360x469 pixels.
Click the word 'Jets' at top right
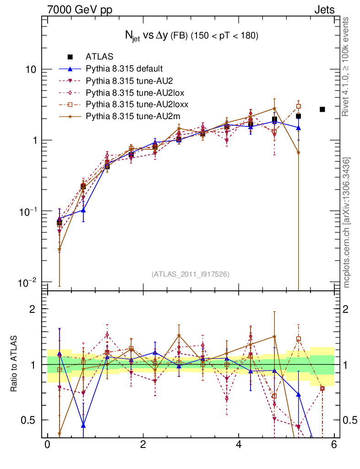click(x=324, y=10)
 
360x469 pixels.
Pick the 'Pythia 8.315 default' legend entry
click(x=124, y=69)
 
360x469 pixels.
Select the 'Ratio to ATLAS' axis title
click(x=15, y=365)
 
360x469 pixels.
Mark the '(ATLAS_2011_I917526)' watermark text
click(x=191, y=274)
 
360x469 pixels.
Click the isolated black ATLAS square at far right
click(x=322, y=109)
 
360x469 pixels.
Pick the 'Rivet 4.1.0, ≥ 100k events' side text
click(x=347, y=66)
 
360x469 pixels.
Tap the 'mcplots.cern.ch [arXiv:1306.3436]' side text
click(x=347, y=223)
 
